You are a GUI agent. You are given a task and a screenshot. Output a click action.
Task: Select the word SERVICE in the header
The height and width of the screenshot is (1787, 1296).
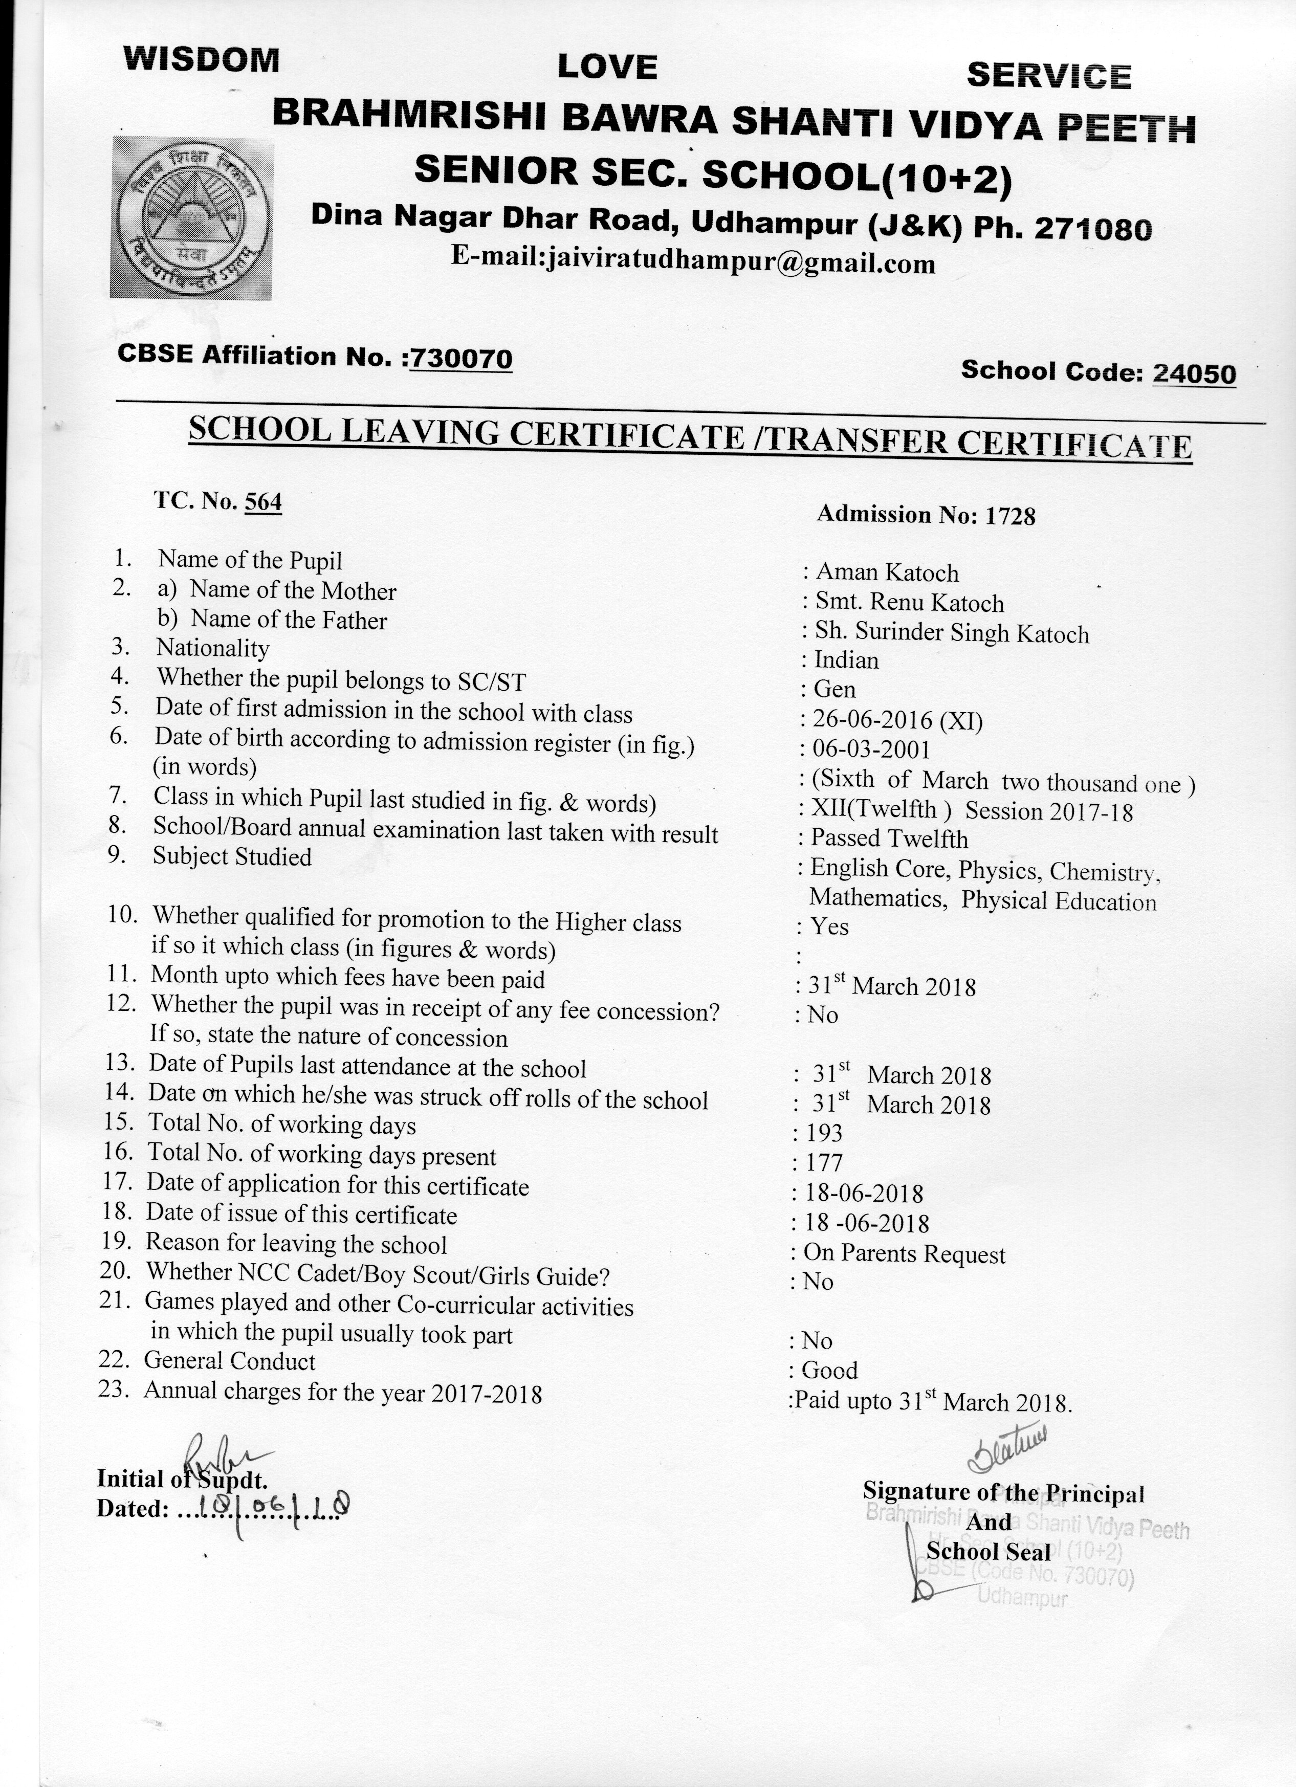(1048, 76)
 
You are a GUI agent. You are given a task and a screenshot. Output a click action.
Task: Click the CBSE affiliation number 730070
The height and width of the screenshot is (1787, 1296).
(461, 359)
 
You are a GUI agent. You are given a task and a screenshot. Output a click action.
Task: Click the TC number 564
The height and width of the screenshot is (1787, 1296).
(263, 502)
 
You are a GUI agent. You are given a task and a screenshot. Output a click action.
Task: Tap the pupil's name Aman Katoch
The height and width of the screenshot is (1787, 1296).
(887, 573)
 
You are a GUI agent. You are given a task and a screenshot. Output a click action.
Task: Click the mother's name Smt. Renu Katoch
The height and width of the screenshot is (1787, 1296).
(909, 604)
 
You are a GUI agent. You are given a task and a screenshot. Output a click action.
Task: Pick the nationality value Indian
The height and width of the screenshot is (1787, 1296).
(846, 660)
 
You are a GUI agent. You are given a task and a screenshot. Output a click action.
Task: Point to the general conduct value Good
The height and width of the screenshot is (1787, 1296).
(829, 1370)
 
